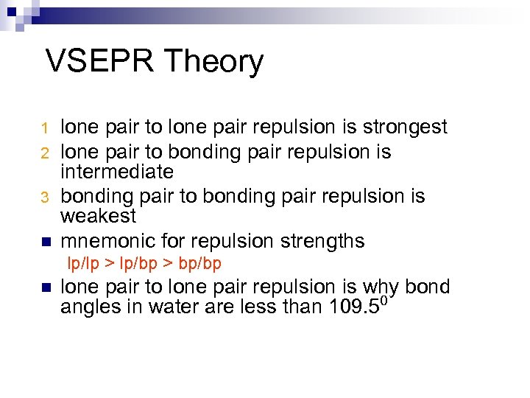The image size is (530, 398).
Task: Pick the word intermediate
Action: point(117,172)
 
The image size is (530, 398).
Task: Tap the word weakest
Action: point(98,217)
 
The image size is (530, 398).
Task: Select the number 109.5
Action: point(351,307)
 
